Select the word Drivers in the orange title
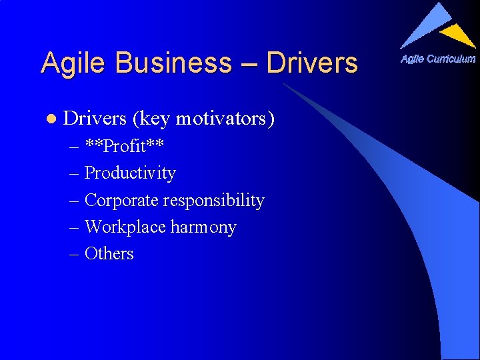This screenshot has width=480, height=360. pos(311,63)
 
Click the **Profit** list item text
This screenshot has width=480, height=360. pos(125,146)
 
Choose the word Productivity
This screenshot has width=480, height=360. pos(130,173)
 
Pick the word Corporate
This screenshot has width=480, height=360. pos(121,200)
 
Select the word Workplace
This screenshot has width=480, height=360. pos(125,227)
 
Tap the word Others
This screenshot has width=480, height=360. pos(109,253)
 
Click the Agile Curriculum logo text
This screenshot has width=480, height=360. pos(437,59)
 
